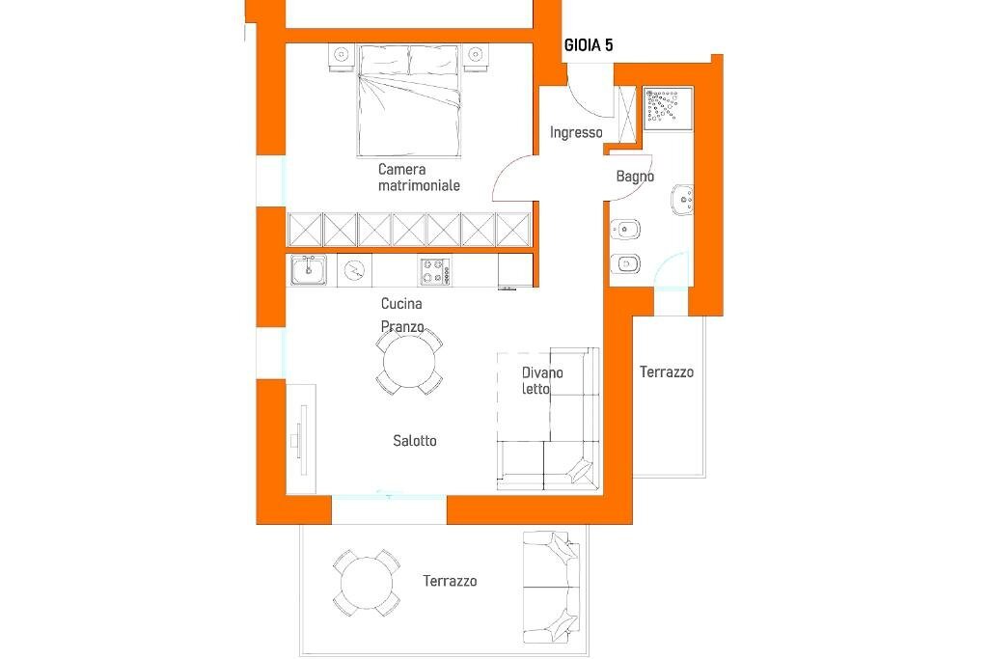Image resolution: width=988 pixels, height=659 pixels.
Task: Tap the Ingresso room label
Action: (576, 133)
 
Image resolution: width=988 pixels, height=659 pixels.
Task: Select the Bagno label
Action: (635, 177)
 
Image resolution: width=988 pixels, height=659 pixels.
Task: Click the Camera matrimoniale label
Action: (418, 178)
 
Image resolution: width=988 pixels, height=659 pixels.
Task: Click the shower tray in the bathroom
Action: (667, 107)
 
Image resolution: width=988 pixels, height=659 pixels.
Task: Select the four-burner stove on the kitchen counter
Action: (434, 270)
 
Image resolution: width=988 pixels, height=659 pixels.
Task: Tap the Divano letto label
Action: (542, 381)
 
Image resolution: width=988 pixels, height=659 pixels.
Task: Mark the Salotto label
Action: (415, 441)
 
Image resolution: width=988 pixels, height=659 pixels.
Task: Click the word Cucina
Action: (401, 304)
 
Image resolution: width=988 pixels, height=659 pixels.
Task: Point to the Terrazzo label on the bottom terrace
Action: (450, 581)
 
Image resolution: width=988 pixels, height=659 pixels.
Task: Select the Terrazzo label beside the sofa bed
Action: (667, 371)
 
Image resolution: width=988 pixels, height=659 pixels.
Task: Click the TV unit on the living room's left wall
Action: (300, 439)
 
